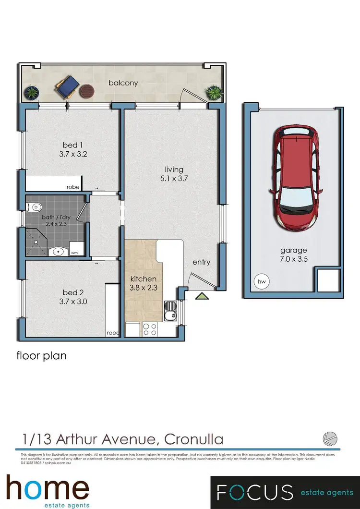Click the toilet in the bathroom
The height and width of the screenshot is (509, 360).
(34, 207)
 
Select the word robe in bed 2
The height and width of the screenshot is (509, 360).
(112, 332)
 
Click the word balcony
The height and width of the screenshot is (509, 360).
(123, 83)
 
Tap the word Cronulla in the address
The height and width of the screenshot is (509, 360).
(193, 438)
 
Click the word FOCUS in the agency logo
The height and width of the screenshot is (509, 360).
(254, 492)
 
